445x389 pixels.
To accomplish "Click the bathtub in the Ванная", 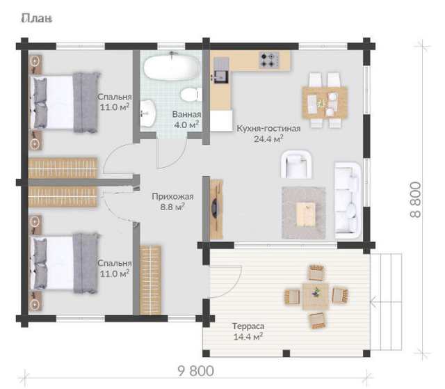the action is (x=171, y=68).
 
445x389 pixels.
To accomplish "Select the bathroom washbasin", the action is (x=147, y=113).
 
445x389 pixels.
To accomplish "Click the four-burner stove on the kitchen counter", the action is (x=269, y=61).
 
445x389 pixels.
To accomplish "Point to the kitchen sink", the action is (x=221, y=77).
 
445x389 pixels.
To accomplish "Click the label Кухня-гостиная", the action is (x=268, y=128).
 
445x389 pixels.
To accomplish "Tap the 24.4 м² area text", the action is (x=268, y=139).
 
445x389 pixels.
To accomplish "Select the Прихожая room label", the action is (x=172, y=196).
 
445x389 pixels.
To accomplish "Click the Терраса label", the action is (x=248, y=326).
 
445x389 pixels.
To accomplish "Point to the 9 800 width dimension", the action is (x=196, y=371).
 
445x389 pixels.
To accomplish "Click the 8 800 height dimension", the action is (x=415, y=200).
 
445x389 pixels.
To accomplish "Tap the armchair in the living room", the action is (x=296, y=164).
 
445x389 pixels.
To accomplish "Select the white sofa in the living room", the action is (x=348, y=200).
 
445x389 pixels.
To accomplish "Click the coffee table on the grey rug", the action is (x=306, y=214).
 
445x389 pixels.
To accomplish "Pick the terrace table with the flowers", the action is (x=316, y=296).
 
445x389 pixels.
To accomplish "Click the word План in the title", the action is (x=36, y=19).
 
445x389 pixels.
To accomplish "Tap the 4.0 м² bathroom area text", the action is (x=186, y=125).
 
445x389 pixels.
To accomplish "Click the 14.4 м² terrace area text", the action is (x=248, y=337).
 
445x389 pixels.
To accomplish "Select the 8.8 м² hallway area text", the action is (x=172, y=207).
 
